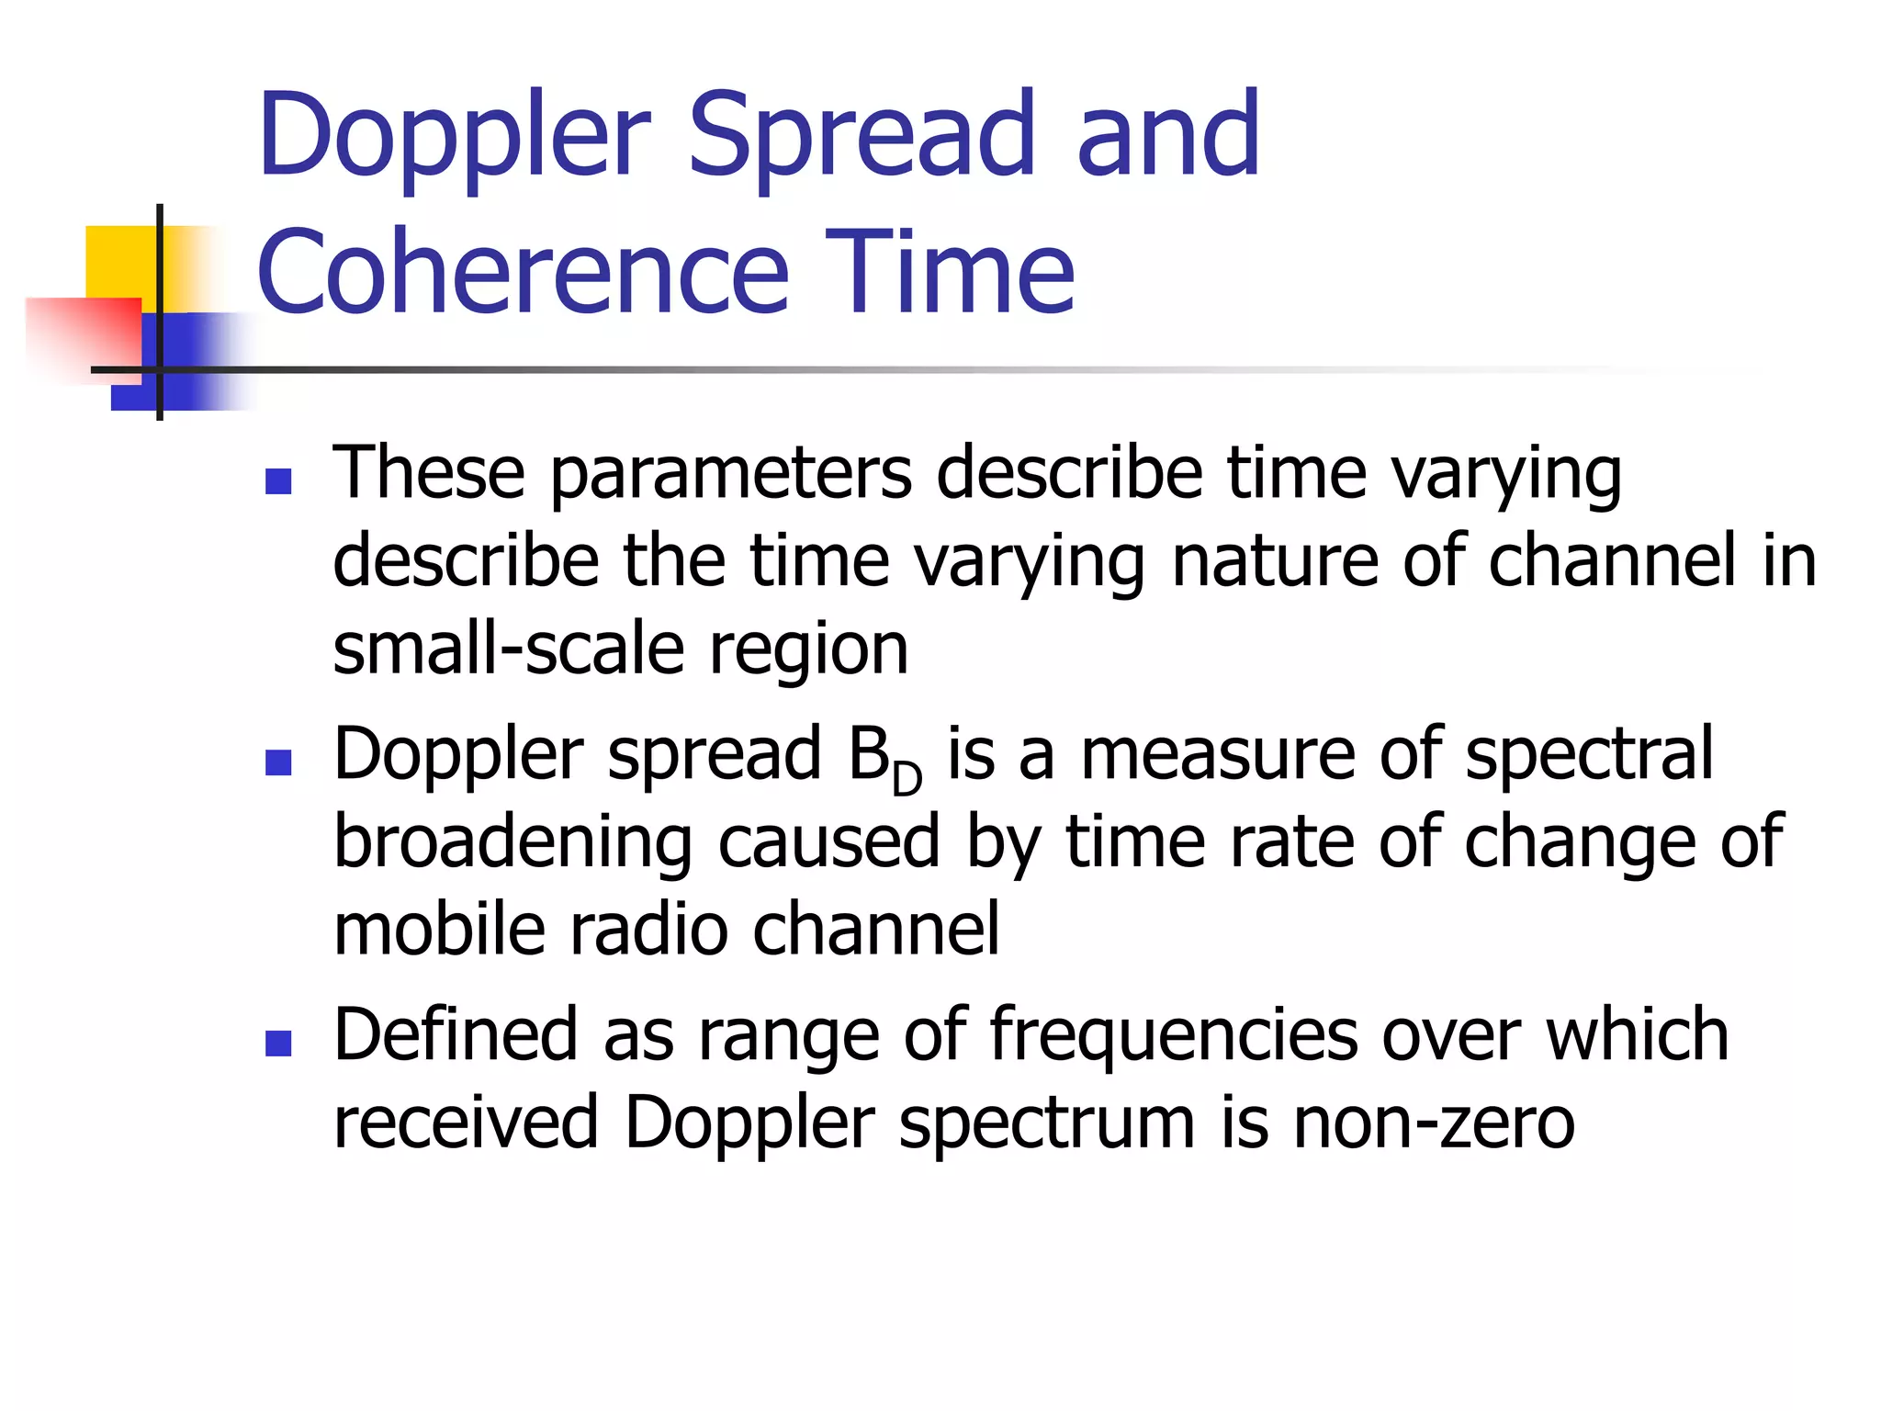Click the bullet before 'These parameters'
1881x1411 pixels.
[x=277, y=481]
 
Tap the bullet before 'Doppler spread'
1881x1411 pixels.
[x=277, y=762]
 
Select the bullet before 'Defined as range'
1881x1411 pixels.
[x=277, y=1043]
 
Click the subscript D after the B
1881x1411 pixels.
[x=907, y=780]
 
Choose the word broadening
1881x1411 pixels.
[x=512, y=843]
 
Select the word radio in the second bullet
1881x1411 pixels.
[x=648, y=930]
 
